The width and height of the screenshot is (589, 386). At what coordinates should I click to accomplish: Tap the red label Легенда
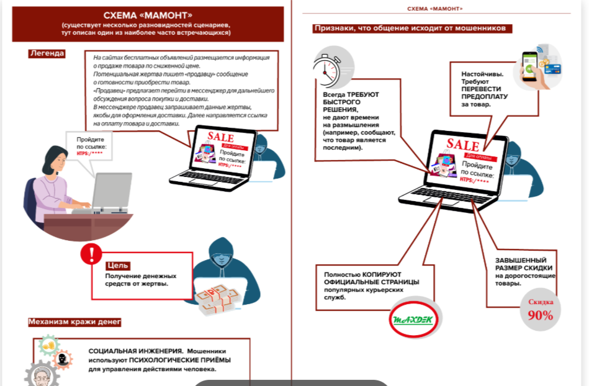[47, 53]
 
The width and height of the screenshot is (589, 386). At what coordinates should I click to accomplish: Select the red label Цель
[117, 265]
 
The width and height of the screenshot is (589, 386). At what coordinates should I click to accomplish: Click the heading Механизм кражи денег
[74, 322]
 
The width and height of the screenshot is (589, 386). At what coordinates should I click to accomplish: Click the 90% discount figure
[540, 314]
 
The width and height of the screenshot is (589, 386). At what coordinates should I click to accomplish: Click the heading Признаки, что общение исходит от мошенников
[413, 28]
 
